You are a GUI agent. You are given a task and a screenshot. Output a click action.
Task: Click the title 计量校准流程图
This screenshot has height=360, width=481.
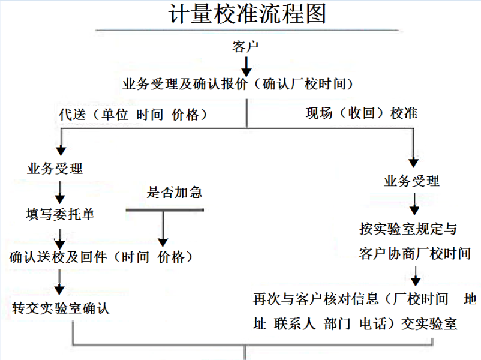(x=247, y=14)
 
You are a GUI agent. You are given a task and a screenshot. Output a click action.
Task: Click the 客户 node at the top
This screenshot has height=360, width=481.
(x=245, y=47)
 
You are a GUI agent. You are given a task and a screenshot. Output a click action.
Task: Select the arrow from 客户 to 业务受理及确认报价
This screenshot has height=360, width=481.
(x=246, y=67)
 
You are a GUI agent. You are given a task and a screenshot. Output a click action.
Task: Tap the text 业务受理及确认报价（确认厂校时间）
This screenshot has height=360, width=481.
(x=238, y=84)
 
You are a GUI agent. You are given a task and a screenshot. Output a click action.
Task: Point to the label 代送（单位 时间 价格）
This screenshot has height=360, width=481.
(x=133, y=115)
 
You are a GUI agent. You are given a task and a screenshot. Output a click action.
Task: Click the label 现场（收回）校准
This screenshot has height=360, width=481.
(x=362, y=113)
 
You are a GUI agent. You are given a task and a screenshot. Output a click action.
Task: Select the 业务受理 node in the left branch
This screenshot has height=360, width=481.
(x=55, y=168)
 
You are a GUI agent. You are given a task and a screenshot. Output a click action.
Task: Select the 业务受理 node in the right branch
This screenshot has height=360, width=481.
(x=411, y=181)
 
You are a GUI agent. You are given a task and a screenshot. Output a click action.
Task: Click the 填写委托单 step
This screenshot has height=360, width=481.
(x=60, y=214)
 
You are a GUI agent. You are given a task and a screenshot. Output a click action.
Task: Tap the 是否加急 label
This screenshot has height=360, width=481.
(x=175, y=192)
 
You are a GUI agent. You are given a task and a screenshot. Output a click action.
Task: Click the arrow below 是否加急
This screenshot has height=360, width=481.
(x=163, y=229)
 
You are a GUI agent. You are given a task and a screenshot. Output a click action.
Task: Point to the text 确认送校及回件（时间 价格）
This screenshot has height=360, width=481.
(x=101, y=257)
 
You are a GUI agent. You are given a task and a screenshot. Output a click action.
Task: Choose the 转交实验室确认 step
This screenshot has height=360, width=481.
(x=61, y=308)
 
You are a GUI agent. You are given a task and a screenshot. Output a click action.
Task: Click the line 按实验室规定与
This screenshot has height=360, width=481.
(x=408, y=229)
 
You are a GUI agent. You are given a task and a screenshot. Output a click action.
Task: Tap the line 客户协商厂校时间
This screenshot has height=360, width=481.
(x=415, y=254)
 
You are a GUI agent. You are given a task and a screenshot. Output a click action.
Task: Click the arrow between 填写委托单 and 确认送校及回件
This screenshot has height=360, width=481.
(x=60, y=239)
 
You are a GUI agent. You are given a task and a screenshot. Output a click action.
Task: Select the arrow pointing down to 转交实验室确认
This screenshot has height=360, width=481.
(x=59, y=283)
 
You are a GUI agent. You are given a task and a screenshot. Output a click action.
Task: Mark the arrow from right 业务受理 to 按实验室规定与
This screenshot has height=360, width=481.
(x=414, y=204)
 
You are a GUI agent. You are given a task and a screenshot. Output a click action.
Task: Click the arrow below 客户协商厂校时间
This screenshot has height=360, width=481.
(x=416, y=276)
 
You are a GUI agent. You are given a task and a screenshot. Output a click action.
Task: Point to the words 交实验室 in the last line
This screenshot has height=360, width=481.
(x=429, y=324)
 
